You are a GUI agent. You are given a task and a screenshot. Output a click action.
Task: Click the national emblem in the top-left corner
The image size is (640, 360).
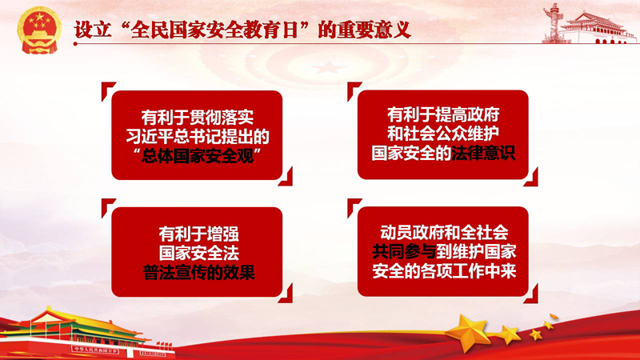pyautogui.click(x=39, y=30)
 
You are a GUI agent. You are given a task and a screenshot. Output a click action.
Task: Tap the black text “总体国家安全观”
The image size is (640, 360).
pyautogui.click(x=197, y=156)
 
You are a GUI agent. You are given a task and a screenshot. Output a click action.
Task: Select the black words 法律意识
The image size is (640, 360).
pyautogui.click(x=482, y=154)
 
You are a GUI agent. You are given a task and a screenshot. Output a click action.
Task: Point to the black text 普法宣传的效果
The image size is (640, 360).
pyautogui.click(x=198, y=273)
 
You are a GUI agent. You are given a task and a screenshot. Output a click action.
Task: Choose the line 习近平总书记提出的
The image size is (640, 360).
pyautogui.click(x=197, y=137)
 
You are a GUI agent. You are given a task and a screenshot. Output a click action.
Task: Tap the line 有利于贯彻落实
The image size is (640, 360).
pyautogui.click(x=197, y=118)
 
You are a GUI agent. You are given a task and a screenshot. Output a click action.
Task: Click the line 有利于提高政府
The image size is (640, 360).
pyautogui.click(x=443, y=115)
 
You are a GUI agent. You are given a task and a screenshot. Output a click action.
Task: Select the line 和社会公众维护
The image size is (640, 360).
pyautogui.click(x=443, y=134)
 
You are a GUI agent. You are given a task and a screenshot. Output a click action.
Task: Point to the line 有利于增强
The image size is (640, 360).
pyautogui.click(x=198, y=234)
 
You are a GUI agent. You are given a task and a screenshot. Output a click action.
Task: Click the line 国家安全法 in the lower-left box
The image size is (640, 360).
pyautogui.click(x=198, y=254)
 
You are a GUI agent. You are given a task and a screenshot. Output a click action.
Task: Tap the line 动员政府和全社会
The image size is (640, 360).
pyautogui.click(x=444, y=232)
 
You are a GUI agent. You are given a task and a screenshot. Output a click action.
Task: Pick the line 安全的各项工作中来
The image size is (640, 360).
pyautogui.click(x=444, y=270)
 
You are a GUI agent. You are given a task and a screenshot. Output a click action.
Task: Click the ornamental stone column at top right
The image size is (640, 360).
pyautogui.click(x=554, y=22)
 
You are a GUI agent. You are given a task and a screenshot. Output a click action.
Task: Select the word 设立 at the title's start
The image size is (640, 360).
pyautogui.click(x=93, y=30)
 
